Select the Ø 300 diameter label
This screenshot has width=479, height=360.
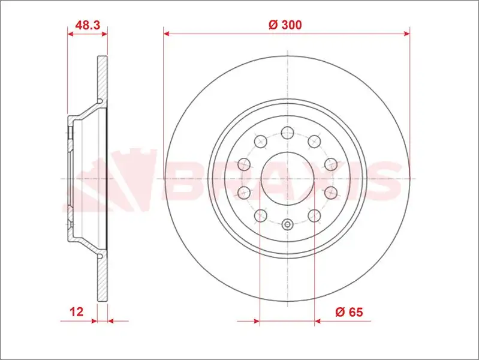[x=285, y=25]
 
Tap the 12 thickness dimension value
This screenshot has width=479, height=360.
[x=76, y=311]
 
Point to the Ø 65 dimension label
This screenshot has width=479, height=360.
[x=350, y=311]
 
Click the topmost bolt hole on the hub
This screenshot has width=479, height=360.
[x=287, y=132]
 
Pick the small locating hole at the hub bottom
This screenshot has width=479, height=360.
[x=287, y=225]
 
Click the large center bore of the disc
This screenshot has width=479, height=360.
[x=287, y=179]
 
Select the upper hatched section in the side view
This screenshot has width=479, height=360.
[x=103, y=78]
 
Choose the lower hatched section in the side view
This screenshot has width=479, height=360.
[x=103, y=279]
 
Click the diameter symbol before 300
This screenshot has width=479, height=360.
[x=272, y=25]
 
